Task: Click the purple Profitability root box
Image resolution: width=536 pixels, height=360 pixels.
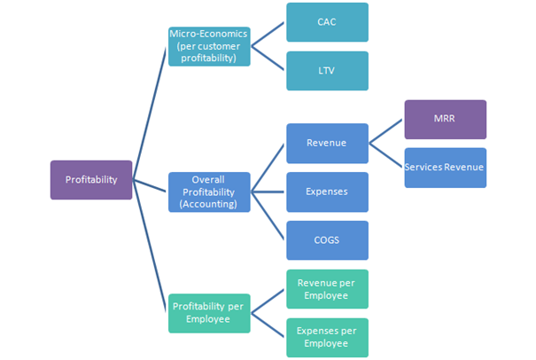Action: (x=91, y=180)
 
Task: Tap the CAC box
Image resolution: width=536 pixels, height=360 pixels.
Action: (x=327, y=23)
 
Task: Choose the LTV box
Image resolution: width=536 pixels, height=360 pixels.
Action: (x=327, y=71)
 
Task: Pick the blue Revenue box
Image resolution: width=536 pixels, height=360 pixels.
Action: (x=327, y=143)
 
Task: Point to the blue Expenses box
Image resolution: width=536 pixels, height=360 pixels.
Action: (x=327, y=192)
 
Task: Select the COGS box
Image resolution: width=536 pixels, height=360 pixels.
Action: (x=327, y=240)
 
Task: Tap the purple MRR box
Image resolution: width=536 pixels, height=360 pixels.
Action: (x=445, y=120)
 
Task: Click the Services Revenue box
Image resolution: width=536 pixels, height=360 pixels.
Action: (x=445, y=168)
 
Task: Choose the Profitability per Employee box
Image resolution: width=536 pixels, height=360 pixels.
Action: (x=209, y=313)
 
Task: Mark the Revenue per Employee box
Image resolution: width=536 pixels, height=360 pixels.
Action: (x=327, y=289)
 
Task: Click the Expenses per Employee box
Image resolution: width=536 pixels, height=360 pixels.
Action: (x=327, y=337)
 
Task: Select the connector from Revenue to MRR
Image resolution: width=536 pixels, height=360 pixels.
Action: (x=386, y=131)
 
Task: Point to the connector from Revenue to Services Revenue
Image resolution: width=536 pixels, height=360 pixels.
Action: (x=386, y=155)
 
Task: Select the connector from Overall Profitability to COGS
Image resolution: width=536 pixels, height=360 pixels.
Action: (x=268, y=215)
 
